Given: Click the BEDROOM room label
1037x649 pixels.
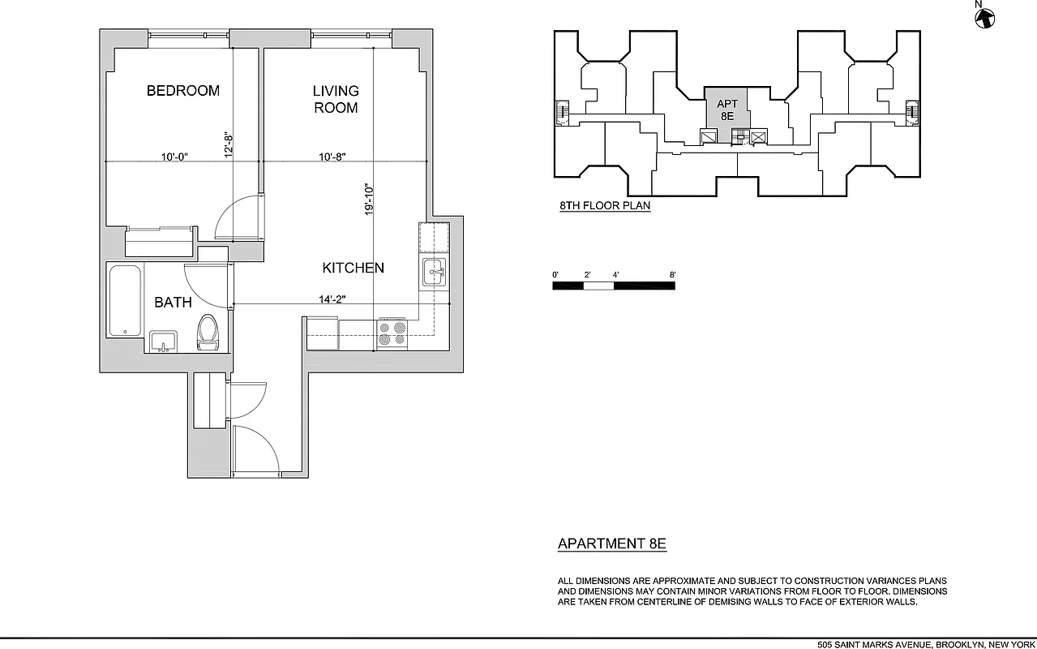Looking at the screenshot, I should (x=182, y=91).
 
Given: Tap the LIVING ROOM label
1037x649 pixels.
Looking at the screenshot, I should (x=336, y=99).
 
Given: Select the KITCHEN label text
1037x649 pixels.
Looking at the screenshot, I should (x=353, y=268).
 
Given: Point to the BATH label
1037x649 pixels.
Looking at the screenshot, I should (x=173, y=303).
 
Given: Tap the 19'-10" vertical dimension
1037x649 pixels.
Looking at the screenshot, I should (x=369, y=200).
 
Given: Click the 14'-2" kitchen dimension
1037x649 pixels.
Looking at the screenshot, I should (x=332, y=299).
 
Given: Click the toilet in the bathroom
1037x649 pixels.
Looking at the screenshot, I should (x=208, y=332).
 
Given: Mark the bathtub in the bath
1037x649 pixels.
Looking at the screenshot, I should (x=124, y=300).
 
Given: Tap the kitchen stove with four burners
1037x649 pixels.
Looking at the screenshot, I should (x=392, y=333).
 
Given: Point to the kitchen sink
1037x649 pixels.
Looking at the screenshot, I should (x=433, y=272).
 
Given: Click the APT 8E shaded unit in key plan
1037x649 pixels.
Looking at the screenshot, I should (x=726, y=109).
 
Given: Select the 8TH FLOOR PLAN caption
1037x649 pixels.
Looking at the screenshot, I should (x=605, y=206).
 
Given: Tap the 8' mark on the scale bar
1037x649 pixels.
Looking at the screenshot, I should (x=672, y=275).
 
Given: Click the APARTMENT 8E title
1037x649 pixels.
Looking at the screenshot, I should (x=612, y=544).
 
